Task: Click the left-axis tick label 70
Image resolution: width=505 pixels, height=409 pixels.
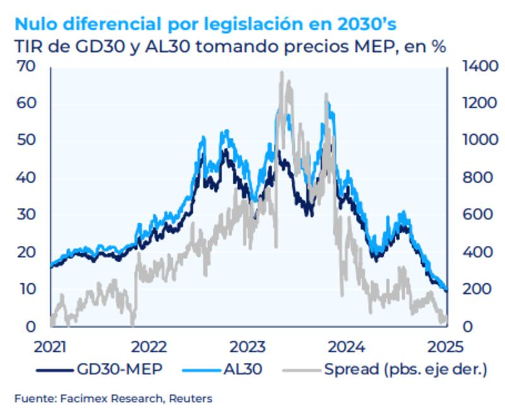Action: pyautogui.click(x=27, y=66)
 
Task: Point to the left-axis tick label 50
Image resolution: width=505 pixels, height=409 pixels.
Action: pyautogui.click(x=27, y=140)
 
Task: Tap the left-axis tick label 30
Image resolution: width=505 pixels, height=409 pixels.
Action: pyautogui.click(x=27, y=215)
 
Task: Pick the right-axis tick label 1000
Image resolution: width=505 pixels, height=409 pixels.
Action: pyautogui.click(x=478, y=140)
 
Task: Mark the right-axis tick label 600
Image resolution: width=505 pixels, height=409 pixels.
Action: pyautogui.click(x=475, y=215)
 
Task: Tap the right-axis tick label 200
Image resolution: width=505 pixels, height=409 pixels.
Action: pyautogui.click(x=475, y=290)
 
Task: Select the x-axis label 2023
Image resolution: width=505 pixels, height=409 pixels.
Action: pyautogui.click(x=247, y=346)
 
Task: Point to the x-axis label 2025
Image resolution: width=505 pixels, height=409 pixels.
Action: pyautogui.click(x=445, y=346)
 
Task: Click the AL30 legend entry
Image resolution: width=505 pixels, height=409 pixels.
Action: pyautogui.click(x=239, y=369)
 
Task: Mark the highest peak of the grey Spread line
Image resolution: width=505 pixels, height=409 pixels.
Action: pyautogui.click(x=281, y=72)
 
